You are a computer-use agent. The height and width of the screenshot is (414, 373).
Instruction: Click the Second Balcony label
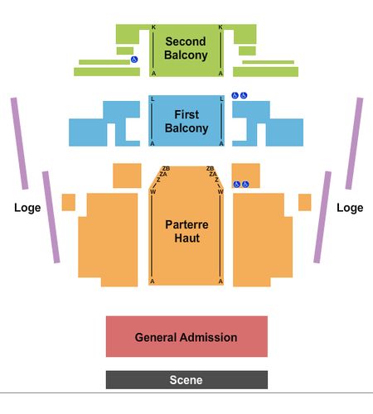(x=186, y=48)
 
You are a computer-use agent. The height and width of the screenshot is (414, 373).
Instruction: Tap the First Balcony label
(x=186, y=122)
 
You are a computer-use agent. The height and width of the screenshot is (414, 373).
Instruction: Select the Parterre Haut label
(x=186, y=231)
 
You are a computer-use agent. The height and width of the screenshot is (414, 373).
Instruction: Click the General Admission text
(x=186, y=337)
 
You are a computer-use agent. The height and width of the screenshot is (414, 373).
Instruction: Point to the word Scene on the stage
(x=186, y=380)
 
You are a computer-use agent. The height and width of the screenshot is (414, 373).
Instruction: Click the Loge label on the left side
(x=27, y=208)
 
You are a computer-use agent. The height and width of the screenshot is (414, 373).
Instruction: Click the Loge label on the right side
(x=350, y=208)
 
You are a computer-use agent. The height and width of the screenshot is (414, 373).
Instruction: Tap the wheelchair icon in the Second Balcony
(x=134, y=59)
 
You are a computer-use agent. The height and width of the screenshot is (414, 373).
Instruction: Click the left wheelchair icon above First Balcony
(x=235, y=95)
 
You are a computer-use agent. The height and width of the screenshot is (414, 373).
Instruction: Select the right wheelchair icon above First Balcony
(x=244, y=95)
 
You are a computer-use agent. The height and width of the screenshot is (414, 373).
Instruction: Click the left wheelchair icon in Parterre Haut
(x=236, y=184)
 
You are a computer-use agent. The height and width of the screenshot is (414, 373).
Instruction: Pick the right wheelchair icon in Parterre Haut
(x=245, y=184)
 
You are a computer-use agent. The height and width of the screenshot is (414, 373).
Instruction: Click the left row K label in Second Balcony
(x=153, y=27)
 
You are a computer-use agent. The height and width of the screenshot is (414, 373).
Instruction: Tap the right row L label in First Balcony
(x=221, y=99)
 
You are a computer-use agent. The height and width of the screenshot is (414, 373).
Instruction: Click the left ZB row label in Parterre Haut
(x=166, y=168)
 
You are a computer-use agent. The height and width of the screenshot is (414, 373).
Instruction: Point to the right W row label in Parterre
(x=220, y=191)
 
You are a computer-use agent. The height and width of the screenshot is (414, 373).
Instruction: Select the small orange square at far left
(x=69, y=202)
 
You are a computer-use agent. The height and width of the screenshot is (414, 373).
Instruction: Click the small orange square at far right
(x=305, y=202)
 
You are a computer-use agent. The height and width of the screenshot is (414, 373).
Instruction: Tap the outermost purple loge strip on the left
(x=19, y=143)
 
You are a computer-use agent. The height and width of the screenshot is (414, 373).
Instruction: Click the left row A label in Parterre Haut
(x=153, y=282)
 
